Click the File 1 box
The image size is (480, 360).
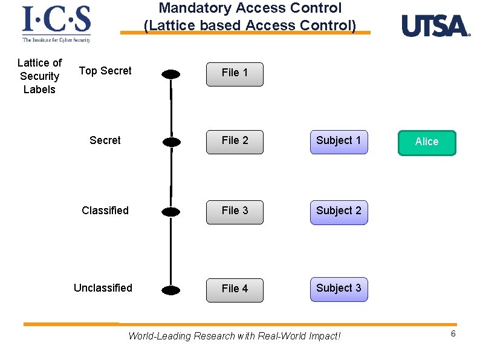(x=235, y=73)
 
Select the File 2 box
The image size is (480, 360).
(x=235, y=141)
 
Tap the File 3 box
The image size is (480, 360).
(x=235, y=211)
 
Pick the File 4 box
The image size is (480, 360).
(x=235, y=289)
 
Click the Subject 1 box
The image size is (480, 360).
(x=339, y=141)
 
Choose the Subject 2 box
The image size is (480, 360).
(x=339, y=211)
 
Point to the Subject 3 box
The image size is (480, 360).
(x=339, y=289)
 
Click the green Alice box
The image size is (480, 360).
(x=427, y=142)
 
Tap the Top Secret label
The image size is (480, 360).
(x=105, y=71)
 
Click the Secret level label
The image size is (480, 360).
(x=105, y=140)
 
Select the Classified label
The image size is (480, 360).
(x=105, y=211)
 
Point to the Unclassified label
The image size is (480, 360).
(x=103, y=288)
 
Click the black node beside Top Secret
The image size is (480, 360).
(x=171, y=74)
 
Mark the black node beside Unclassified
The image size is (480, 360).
(x=171, y=290)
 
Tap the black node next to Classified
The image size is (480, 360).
(x=171, y=212)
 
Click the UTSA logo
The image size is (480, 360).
(x=435, y=26)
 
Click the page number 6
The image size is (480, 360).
(x=453, y=334)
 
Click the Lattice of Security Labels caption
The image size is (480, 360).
(x=39, y=76)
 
